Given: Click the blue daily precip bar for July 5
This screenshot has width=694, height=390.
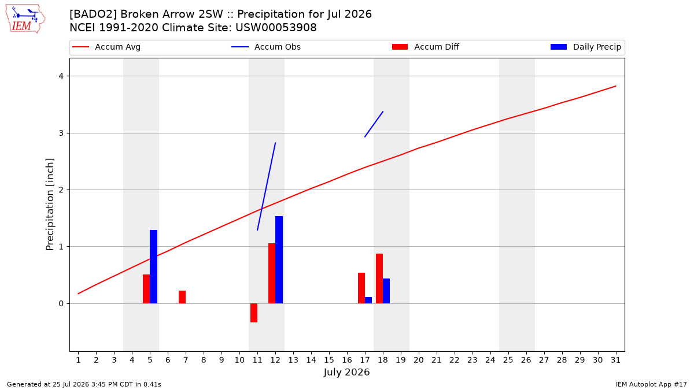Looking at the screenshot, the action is [x=153, y=266].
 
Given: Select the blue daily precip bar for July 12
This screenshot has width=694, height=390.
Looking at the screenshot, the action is [x=279, y=259].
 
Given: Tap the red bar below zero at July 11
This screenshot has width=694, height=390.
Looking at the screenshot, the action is [x=254, y=313].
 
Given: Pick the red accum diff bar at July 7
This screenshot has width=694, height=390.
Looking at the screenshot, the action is [x=182, y=297].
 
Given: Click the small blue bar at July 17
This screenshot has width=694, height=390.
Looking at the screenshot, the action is [x=368, y=300].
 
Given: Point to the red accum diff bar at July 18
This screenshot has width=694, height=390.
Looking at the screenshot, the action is [x=379, y=278].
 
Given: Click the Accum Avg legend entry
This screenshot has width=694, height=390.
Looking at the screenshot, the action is [x=106, y=47].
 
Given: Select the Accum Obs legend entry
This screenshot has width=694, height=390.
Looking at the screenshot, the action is [x=266, y=47].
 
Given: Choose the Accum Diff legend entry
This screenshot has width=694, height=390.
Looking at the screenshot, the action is [x=426, y=47].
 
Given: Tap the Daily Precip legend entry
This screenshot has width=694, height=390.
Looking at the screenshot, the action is [x=585, y=47].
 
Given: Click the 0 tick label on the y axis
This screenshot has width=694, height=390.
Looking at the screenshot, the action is [x=61, y=304].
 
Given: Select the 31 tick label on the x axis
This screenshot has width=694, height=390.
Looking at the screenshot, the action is [x=615, y=360].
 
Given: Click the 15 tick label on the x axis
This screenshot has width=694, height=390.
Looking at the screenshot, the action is [x=329, y=360].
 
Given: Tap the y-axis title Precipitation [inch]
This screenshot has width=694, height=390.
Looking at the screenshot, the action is [x=50, y=205].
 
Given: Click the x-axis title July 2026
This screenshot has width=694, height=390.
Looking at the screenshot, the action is [x=346, y=372].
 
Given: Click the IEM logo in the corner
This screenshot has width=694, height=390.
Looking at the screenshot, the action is [x=25, y=19].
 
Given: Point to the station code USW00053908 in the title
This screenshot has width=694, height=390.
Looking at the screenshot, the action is [x=276, y=28].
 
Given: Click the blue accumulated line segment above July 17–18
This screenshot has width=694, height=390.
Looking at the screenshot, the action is [x=374, y=124].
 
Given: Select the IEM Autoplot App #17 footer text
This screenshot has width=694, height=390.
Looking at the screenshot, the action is [x=651, y=384].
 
